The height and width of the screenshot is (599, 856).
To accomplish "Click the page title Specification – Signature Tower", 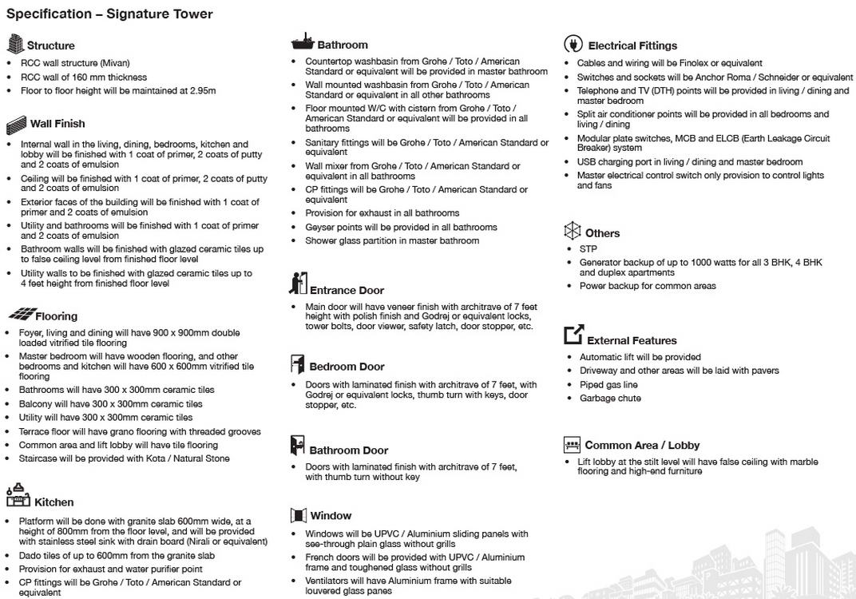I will pos(109,14).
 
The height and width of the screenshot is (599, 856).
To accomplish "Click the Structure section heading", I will pos(50,46).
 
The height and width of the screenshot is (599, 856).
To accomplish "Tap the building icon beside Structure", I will pos(15,44).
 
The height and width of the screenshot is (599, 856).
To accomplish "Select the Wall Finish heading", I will pos(57,124).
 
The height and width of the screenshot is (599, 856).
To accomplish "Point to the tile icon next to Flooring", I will pos(22,314).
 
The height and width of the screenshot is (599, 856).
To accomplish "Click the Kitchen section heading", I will pos(53,502).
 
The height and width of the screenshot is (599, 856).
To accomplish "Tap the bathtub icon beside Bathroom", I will pos(302,42).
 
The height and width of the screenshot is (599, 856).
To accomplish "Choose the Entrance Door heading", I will pos(347,291).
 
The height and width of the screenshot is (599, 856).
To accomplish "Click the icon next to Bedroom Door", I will pos(297,365).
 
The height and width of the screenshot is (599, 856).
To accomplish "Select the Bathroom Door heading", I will pos(348,450).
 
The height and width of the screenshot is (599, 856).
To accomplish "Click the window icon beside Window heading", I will pos(298,515).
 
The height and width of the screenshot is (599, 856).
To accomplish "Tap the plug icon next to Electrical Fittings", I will pos(573,44).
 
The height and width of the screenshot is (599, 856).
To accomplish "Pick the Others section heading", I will pos(602,233).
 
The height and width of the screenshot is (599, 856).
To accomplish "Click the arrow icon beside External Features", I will pos(573,335).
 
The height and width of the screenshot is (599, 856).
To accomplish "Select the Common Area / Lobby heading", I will pos(642,446).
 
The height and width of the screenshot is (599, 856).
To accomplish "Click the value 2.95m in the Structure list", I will pos(203,91).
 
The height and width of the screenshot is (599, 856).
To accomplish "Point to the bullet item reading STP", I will pos(588,249).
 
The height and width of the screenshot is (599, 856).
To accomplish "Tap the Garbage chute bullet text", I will pos(610,399).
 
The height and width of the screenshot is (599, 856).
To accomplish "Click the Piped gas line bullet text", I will pos(608,385).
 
